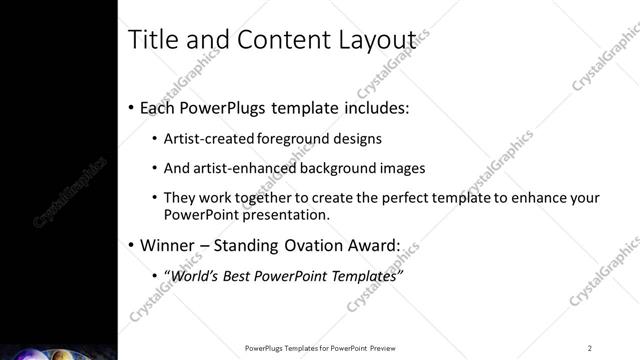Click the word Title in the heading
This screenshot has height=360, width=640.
click(151, 39)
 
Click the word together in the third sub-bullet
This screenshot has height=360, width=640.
click(269, 198)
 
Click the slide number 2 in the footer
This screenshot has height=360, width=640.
click(589, 348)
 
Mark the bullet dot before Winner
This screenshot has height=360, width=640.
click(132, 244)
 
